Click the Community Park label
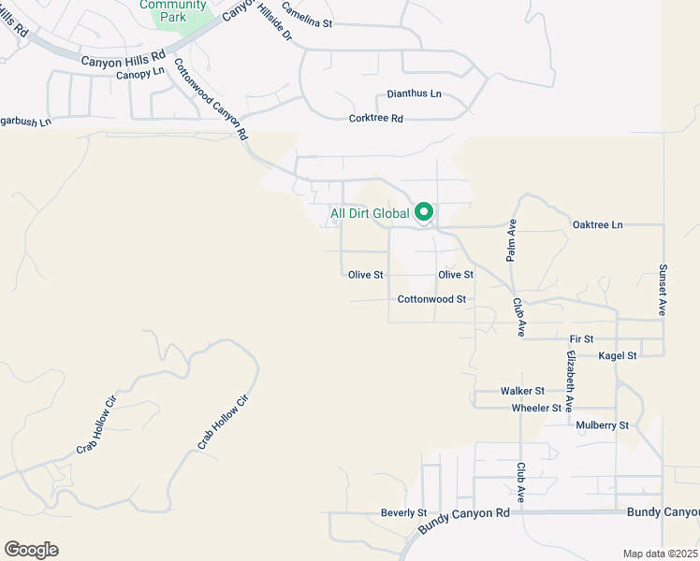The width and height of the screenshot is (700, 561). coord(172,10)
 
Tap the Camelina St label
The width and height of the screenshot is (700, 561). coord(307,18)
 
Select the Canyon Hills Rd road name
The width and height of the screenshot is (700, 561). coord(123,61)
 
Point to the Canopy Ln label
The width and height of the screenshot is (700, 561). coord(140,72)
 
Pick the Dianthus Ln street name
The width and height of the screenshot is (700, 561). coord(414,95)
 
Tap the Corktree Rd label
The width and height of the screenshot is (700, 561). coord(375,119)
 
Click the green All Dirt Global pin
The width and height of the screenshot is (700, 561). coord(424,212)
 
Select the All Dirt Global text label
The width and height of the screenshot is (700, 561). coord(370,213)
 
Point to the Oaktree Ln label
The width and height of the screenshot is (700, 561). coord(597,225)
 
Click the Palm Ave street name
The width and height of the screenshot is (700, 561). coord(511,241)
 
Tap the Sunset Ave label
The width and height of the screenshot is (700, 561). coord(662,289)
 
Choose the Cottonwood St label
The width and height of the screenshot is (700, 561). coord(431,299)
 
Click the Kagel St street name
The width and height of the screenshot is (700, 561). coord(619,355)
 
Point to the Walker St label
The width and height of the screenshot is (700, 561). coord(522,391)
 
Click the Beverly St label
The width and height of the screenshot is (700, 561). coord(403,513)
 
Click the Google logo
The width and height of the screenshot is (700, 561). coord(31,550)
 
